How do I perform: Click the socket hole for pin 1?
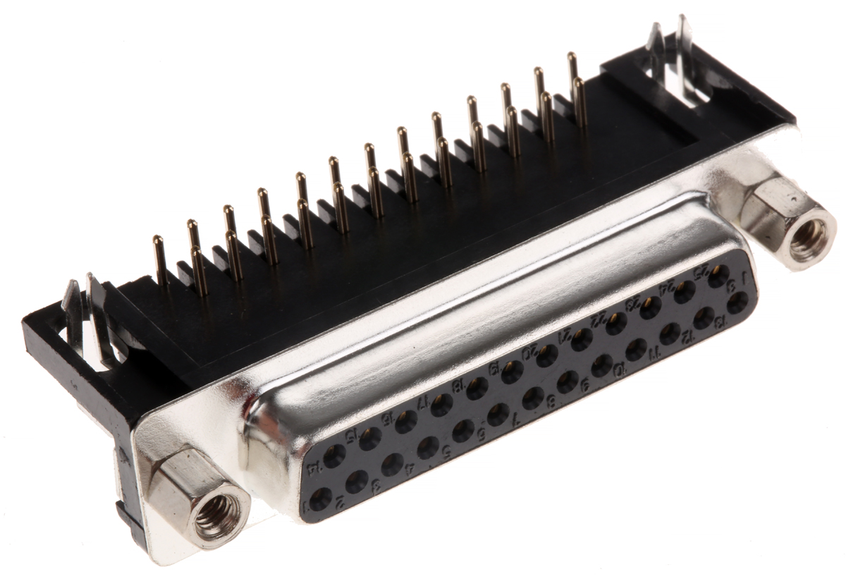[321, 499]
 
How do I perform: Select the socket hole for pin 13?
[737, 303]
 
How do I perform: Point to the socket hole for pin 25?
[718, 276]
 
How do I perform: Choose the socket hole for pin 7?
[532, 398]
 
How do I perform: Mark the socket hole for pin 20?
[546, 356]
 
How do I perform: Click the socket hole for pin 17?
[442, 405]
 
